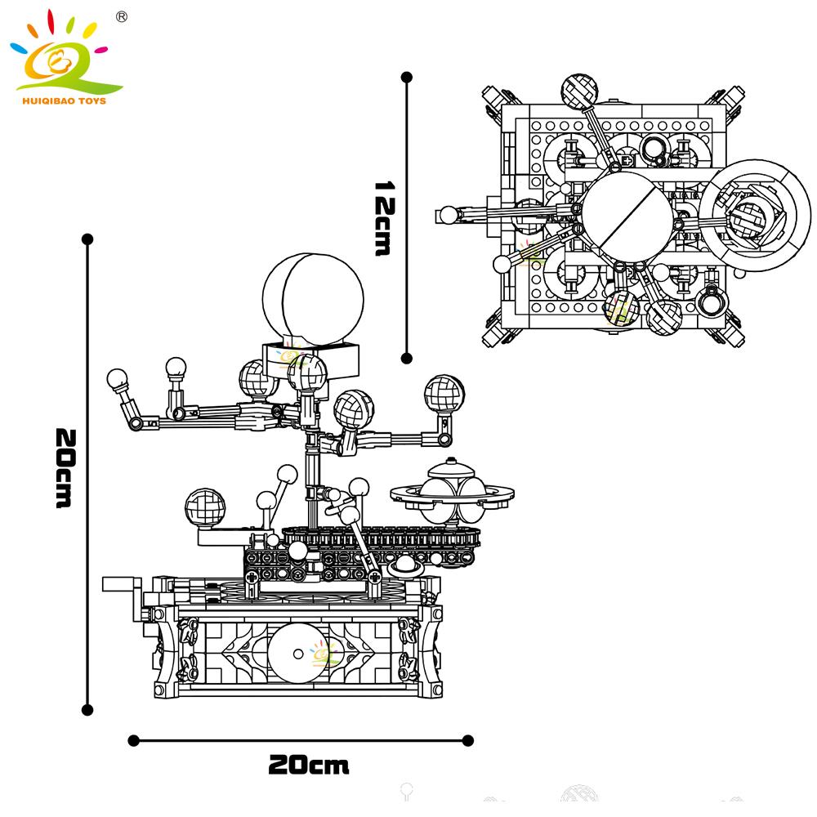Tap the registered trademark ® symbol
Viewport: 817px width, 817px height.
click(x=122, y=16)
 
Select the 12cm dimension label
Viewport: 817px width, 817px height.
click(x=382, y=218)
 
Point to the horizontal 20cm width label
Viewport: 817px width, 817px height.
click(x=308, y=766)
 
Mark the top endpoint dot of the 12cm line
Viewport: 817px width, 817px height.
click(x=406, y=78)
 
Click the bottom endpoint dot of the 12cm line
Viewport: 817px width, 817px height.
click(x=406, y=357)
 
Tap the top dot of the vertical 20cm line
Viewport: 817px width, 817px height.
click(x=87, y=239)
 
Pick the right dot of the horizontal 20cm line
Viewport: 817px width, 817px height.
click(x=467, y=740)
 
